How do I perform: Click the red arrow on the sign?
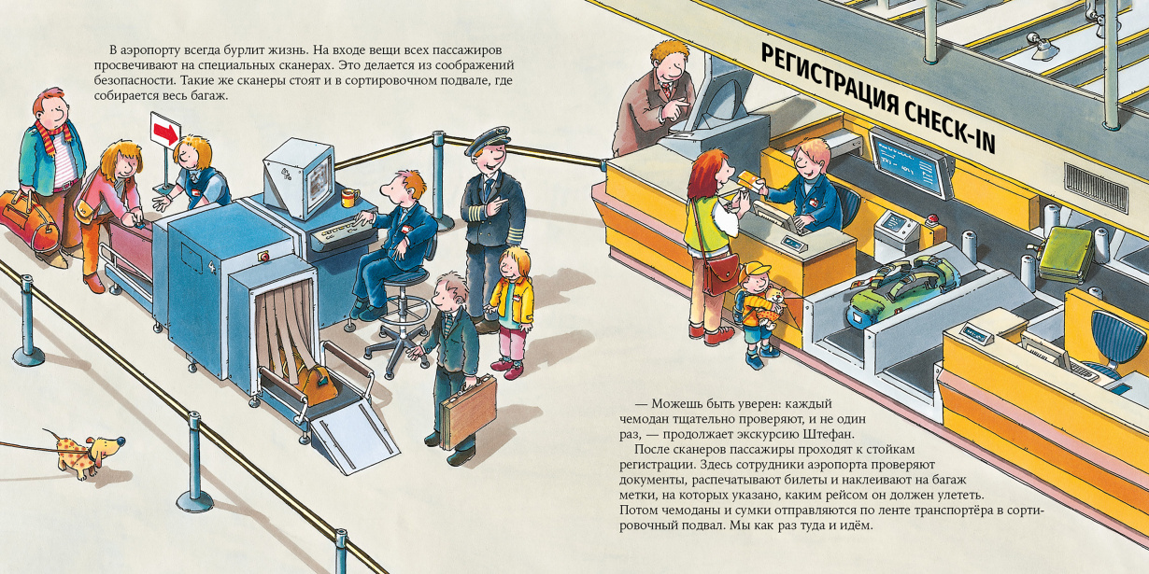pyautogui.click(x=165, y=133)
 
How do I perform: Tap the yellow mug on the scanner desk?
pyautogui.click(x=348, y=198)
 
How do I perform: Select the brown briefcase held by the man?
pyautogui.click(x=468, y=412)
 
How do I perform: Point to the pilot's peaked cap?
pyautogui.click(x=488, y=140)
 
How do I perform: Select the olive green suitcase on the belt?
pyautogui.click(x=1067, y=253)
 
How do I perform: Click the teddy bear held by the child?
pyautogui.click(x=771, y=305)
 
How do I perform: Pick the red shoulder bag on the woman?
pyautogui.click(x=720, y=274)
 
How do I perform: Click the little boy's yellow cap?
pyautogui.click(x=754, y=270)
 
